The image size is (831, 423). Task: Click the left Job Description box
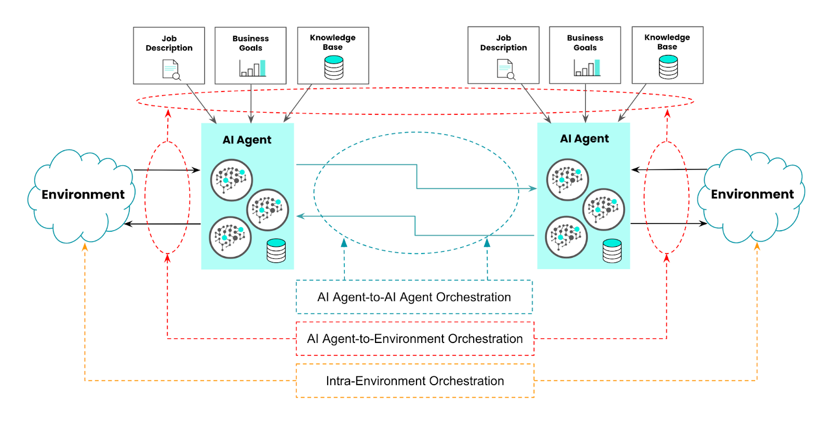pyautogui.click(x=169, y=56)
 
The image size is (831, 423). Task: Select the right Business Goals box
pyautogui.click(x=585, y=55)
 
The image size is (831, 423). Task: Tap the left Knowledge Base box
pyautogui.click(x=333, y=56)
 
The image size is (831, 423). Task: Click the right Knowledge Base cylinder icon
pyautogui.click(x=668, y=67)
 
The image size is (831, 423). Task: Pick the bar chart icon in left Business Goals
pyautogui.click(x=252, y=68)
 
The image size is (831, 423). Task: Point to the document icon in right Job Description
pyautogui.click(x=505, y=69)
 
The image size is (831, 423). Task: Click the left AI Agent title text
pyautogui.click(x=247, y=140)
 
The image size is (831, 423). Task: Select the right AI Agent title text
pyautogui.click(x=584, y=139)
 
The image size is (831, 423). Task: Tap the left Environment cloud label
pyautogui.click(x=83, y=194)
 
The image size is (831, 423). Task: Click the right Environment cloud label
pyautogui.click(x=752, y=194)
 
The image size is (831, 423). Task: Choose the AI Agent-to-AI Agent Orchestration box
pyautogui.click(x=414, y=297)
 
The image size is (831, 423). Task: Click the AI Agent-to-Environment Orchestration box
pyautogui.click(x=414, y=339)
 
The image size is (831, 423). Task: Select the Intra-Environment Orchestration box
pyautogui.click(x=414, y=381)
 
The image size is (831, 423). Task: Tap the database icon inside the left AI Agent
pyautogui.click(x=276, y=250)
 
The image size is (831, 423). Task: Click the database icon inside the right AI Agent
pyautogui.click(x=612, y=250)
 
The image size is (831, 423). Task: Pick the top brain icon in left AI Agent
pyautogui.click(x=232, y=180)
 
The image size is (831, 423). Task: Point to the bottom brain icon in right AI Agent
pyautogui.click(x=566, y=237)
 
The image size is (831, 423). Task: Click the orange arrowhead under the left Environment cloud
pyautogui.click(x=85, y=247)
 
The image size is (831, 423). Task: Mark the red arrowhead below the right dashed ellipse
pyautogui.click(x=666, y=257)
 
